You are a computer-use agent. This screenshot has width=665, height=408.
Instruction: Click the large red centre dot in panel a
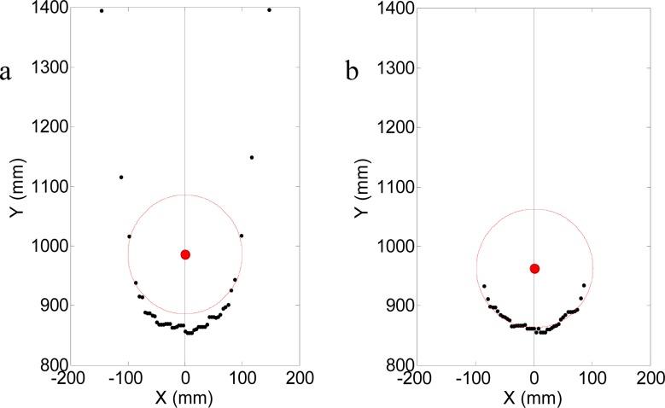185,254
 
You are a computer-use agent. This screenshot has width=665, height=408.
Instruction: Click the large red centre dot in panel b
534,269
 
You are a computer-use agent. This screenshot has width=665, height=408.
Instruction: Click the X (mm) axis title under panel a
185,398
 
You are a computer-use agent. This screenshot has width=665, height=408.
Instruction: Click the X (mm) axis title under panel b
534,398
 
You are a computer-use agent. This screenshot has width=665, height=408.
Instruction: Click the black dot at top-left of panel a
102,11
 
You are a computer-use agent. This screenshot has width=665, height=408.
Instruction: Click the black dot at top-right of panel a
269,10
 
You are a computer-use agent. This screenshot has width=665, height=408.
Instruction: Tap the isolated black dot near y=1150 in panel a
252,157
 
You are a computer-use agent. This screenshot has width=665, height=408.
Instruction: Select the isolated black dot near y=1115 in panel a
121,177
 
